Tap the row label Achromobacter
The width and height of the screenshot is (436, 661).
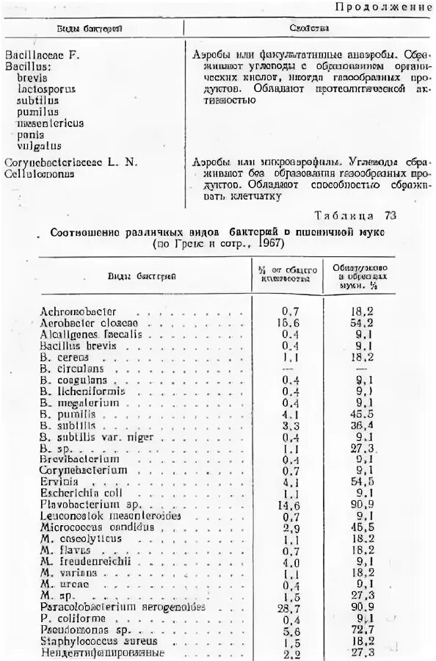point(79,311)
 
